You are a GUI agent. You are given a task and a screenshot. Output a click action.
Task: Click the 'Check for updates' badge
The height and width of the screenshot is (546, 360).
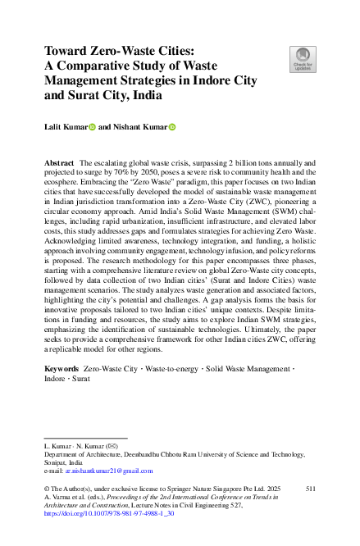[x=302, y=58]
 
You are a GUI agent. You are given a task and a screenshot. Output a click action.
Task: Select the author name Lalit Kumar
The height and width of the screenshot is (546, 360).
[x=65, y=127]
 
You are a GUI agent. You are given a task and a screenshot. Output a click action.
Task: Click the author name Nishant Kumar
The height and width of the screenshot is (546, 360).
[x=140, y=127]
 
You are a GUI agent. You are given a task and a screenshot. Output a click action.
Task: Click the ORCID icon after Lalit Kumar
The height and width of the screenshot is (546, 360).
[x=93, y=127]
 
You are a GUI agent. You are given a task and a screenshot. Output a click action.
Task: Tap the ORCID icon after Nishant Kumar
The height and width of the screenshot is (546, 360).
[x=173, y=127]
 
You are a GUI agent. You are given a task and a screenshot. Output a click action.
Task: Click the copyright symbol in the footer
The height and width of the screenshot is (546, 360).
[x=47, y=487]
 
